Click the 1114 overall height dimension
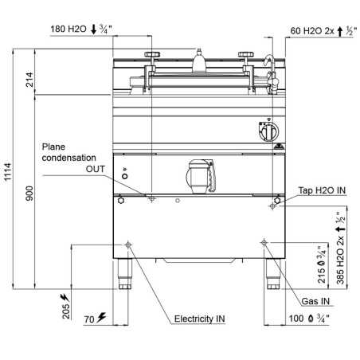pyautogui.click(x=7, y=172)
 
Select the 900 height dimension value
pyautogui.click(x=29, y=193)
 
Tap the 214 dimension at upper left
pyautogui.click(x=29, y=80)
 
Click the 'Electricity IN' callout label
pyautogui.click(x=199, y=319)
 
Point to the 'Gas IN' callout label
pyautogui.click(x=315, y=301)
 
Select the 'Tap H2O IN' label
pyautogui.click(x=322, y=190)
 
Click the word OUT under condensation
pyautogui.click(x=95, y=169)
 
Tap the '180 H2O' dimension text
pyautogui.click(x=68, y=29)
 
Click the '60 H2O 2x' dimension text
pyautogui.click(x=312, y=31)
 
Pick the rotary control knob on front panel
pyautogui.click(x=269, y=131)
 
